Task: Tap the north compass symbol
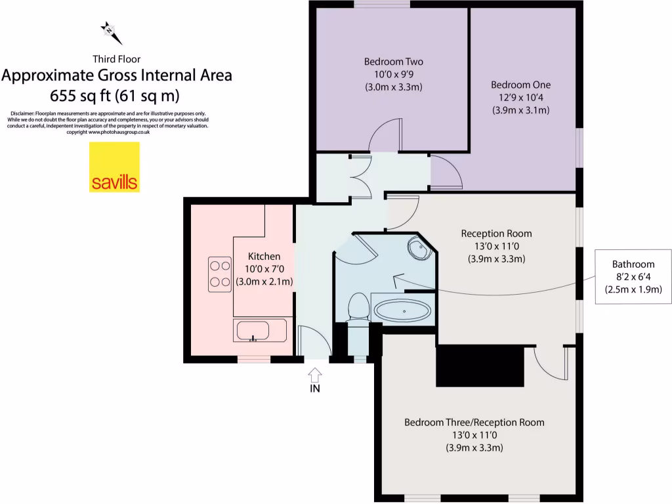[108, 30]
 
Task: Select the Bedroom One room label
[520, 85]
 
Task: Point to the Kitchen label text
[264, 256]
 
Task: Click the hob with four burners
[219, 275]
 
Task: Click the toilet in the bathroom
[358, 308]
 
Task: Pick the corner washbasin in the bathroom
[418, 248]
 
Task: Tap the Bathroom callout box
[633, 276]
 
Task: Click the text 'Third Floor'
[116, 59]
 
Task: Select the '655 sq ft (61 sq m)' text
[116, 95]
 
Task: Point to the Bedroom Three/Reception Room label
[474, 422]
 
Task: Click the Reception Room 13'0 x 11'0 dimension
[496, 246]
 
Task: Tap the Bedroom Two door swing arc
[383, 136]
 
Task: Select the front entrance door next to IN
[314, 342]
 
